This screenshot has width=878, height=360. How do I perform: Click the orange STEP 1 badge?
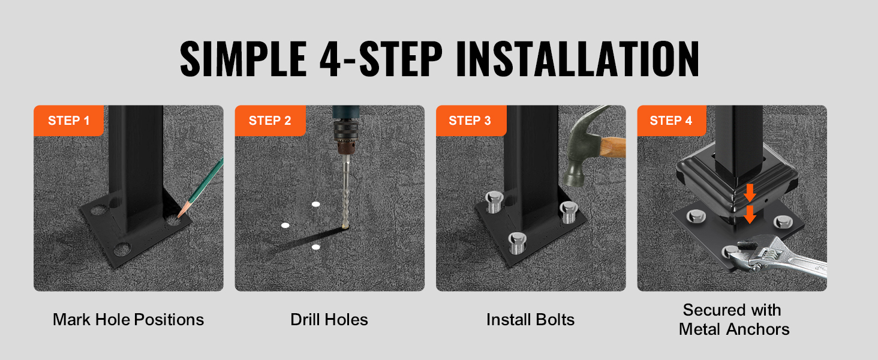coord(68,121)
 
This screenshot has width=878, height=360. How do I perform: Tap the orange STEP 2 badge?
coord(270,121)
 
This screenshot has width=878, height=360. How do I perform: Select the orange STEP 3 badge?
coord(471,121)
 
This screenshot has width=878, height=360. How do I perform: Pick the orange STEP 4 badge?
coord(672,121)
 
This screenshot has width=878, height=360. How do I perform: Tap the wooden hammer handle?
coord(613,148)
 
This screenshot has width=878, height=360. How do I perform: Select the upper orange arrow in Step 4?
coord(750,193)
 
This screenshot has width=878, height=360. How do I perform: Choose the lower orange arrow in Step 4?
coord(750,214)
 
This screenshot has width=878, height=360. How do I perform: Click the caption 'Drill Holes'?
coord(329,320)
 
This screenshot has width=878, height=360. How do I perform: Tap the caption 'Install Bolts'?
coord(530,320)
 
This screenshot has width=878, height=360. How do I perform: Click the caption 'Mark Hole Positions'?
coord(128,320)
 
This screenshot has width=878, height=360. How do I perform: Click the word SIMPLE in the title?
coord(243,58)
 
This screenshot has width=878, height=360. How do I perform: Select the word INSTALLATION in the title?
coord(578,58)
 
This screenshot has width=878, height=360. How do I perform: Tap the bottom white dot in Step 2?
coord(316,247)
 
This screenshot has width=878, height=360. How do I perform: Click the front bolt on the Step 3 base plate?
coord(517,242)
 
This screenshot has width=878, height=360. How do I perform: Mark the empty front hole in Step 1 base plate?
coord(122,250)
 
